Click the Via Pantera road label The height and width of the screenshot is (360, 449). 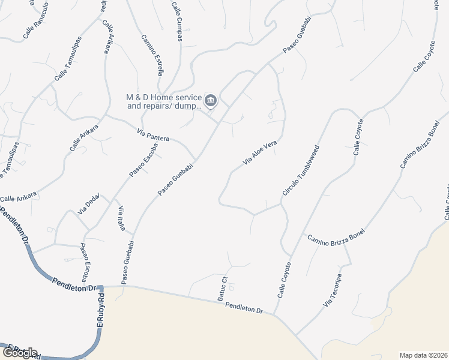point(153,135)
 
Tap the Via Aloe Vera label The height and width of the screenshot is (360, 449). point(259,153)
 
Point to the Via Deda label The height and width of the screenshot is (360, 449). point(88,204)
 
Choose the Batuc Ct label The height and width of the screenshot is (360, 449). point(221,289)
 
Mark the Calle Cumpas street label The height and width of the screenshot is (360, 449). point(177,21)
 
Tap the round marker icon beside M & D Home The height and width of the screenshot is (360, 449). point(210,100)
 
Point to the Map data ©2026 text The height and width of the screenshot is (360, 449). point(423,355)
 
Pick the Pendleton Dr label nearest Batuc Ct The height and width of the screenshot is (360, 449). point(244,308)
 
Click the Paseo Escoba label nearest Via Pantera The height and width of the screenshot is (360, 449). point(143,160)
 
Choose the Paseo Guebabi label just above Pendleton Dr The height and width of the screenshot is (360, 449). point(126,263)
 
